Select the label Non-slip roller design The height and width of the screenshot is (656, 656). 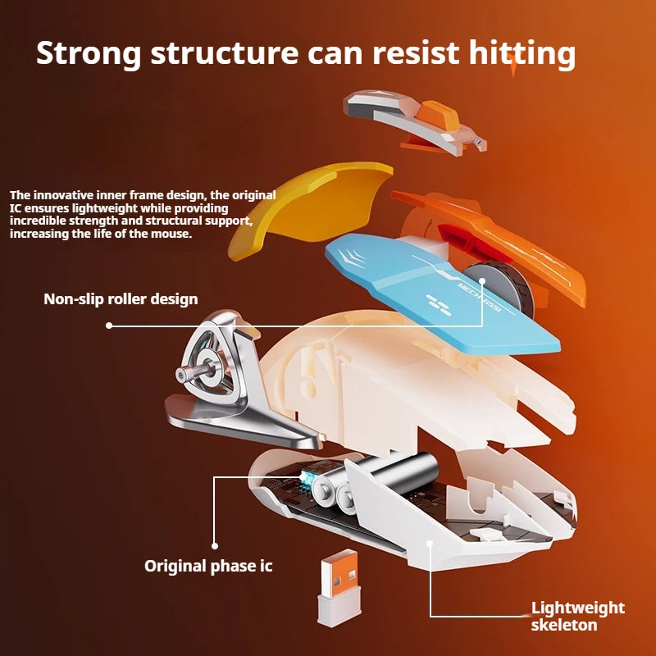pos(121,299)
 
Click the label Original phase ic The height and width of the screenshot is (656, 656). pos(208,566)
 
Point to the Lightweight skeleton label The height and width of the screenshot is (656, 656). pos(577,617)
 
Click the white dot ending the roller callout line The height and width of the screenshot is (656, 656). pos(483,281)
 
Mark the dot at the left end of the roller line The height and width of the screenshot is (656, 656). pos(110,326)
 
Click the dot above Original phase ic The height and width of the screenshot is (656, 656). pos(215,544)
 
